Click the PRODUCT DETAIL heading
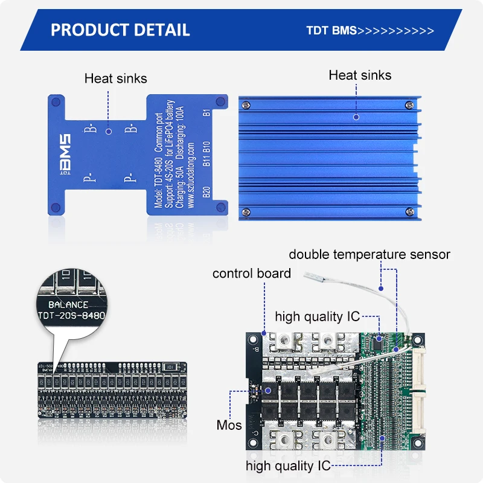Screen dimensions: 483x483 (x=120, y=30)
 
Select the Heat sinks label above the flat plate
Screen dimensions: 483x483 (x=115, y=78)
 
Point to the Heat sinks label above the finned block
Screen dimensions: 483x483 (x=360, y=75)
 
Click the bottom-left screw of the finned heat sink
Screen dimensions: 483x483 (x=246, y=211)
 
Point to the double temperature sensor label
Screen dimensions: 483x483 (x=369, y=254)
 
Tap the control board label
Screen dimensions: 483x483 (x=251, y=273)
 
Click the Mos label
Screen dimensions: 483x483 (x=229, y=425)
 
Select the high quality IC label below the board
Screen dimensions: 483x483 (x=288, y=465)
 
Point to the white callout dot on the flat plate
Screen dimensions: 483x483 (x=108, y=130)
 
